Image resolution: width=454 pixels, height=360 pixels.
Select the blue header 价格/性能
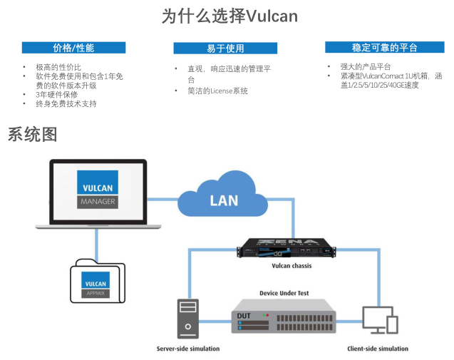pyautogui.click(x=73, y=48)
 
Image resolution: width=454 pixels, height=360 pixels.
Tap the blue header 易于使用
pyautogui.click(x=225, y=48)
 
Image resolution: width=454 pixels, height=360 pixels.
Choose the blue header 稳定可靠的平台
pyautogui.click(x=384, y=48)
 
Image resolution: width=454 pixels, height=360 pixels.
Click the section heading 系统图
pyautogui.click(x=33, y=133)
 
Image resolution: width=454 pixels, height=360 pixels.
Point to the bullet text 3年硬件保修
pyautogui.click(x=57, y=94)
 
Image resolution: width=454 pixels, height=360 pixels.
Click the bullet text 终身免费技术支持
pyautogui.click(x=66, y=103)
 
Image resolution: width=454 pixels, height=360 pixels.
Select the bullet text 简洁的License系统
pyautogui.click(x=218, y=91)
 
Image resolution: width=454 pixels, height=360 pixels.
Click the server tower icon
pyautogui.click(x=187, y=318)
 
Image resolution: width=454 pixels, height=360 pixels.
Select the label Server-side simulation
pyautogui.click(x=188, y=349)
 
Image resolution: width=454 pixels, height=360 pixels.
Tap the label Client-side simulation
pyautogui.click(x=378, y=349)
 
